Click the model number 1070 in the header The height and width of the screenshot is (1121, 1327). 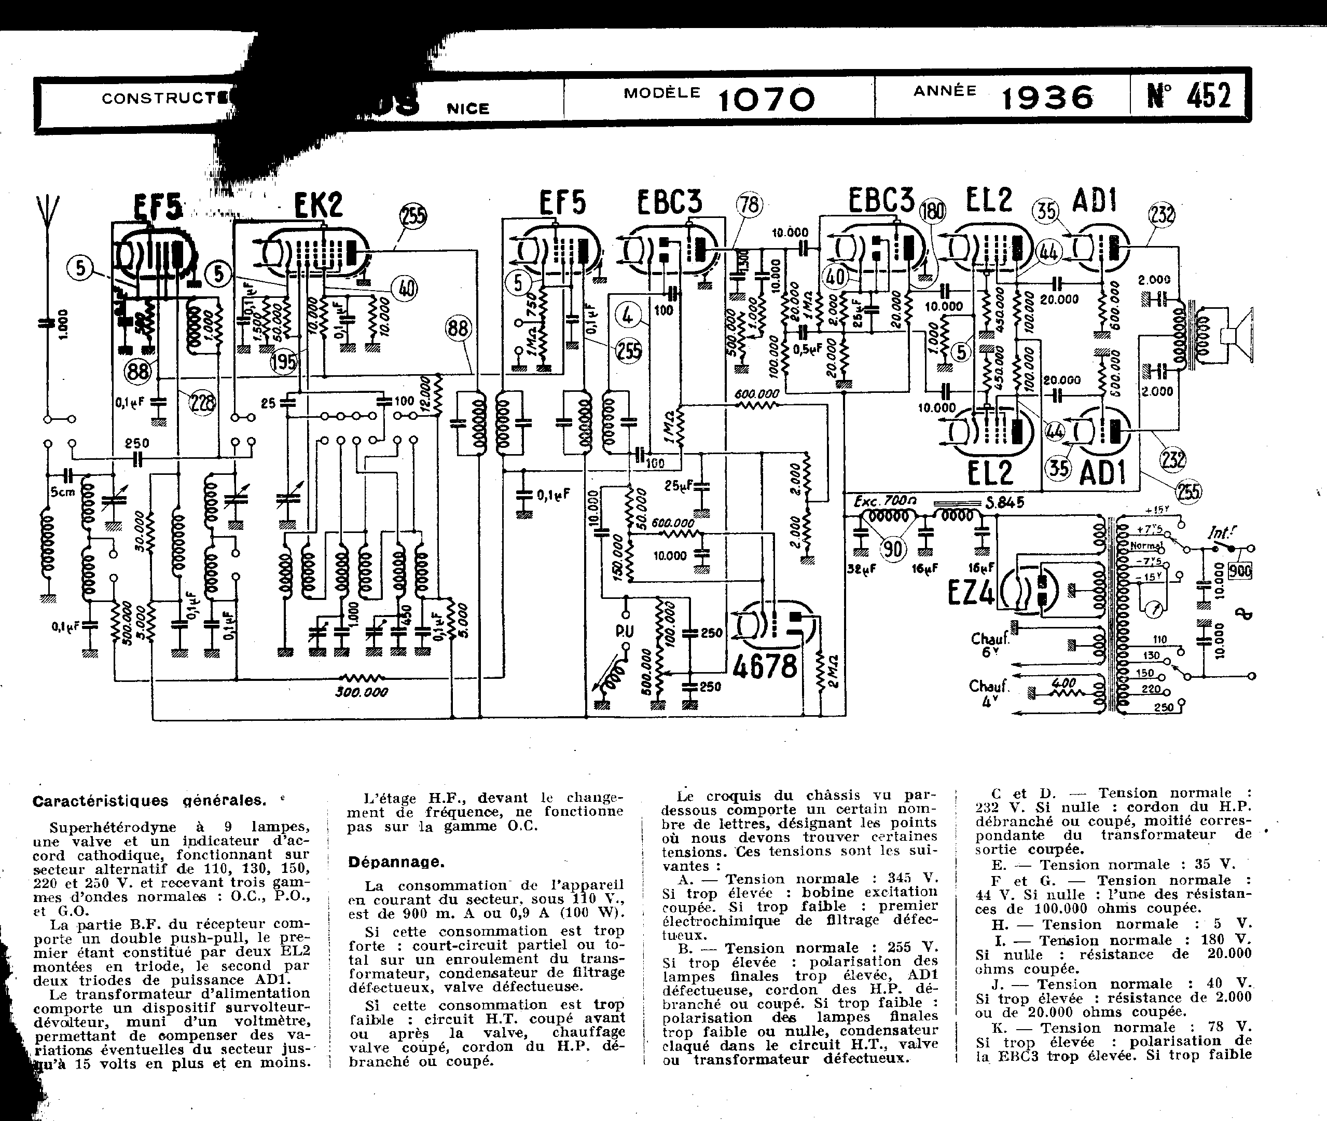[767, 100]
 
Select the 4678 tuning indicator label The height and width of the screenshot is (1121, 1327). [765, 666]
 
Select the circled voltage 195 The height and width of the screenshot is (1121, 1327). [283, 362]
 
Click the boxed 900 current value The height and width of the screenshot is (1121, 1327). [1239, 571]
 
